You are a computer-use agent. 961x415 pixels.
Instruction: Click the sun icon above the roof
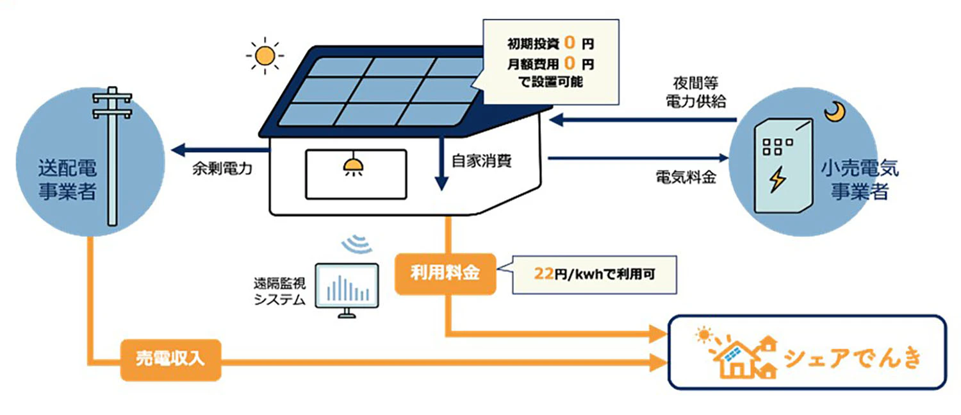point(263,56)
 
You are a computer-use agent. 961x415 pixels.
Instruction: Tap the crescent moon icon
point(835,113)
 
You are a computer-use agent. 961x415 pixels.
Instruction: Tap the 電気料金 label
point(685,177)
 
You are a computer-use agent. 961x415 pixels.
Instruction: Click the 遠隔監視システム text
point(279,291)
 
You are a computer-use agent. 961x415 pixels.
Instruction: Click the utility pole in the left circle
point(113,154)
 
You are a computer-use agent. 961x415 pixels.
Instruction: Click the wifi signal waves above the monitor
point(357,244)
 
